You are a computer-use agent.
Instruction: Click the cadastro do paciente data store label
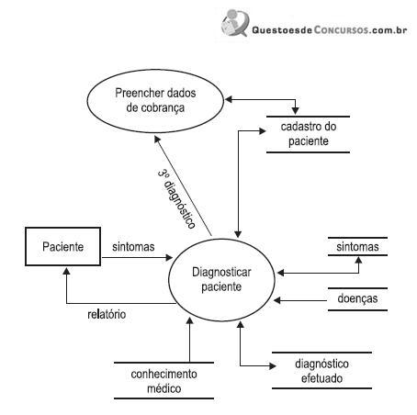click(309, 134)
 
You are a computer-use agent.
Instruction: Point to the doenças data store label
click(357, 298)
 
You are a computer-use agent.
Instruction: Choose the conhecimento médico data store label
click(163, 381)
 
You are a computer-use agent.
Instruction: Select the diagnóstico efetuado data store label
click(321, 371)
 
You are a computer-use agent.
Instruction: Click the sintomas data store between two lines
click(357, 247)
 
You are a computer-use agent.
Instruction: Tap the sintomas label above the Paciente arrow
click(133, 247)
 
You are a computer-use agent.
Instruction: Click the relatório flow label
click(107, 314)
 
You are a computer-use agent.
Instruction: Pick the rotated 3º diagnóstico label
click(176, 199)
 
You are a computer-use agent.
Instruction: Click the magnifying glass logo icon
click(235, 23)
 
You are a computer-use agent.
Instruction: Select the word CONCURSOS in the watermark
click(341, 30)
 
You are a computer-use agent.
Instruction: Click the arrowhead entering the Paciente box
click(66, 271)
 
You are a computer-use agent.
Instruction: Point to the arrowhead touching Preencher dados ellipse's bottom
click(157, 140)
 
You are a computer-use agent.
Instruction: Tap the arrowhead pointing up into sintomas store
click(358, 261)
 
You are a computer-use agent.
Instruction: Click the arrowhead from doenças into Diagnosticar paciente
click(277, 300)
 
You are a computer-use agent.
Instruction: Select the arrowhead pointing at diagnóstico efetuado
click(272, 365)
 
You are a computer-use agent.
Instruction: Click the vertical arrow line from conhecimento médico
click(189, 340)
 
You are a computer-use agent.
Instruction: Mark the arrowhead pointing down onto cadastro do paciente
click(295, 111)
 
